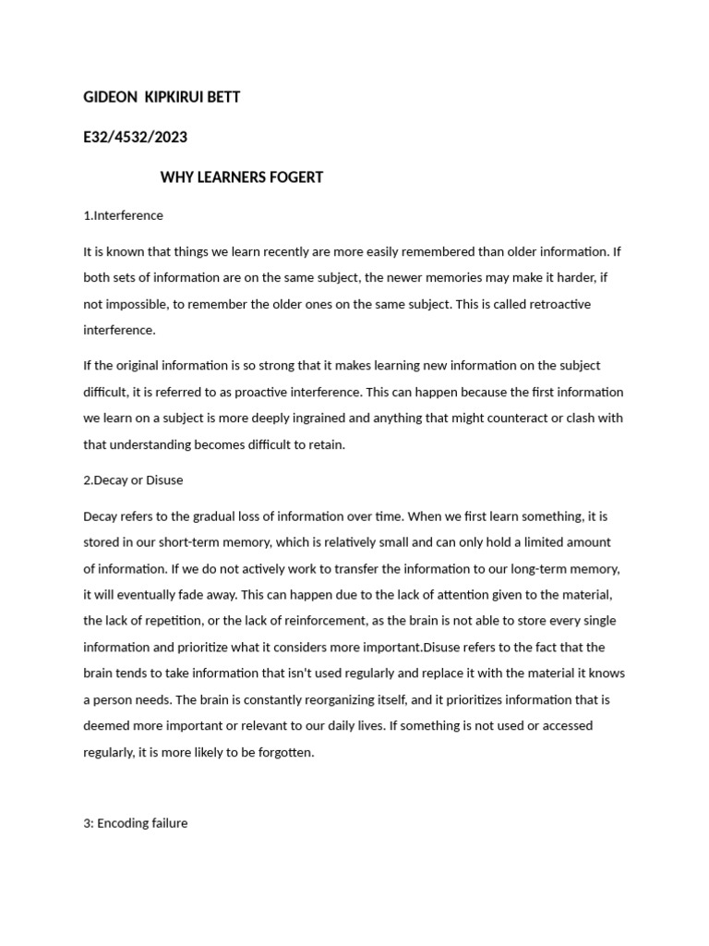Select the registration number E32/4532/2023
(x=135, y=137)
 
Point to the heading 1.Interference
(x=123, y=215)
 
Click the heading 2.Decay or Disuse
(x=133, y=479)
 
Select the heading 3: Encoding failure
(x=135, y=822)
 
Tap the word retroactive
(x=557, y=304)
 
